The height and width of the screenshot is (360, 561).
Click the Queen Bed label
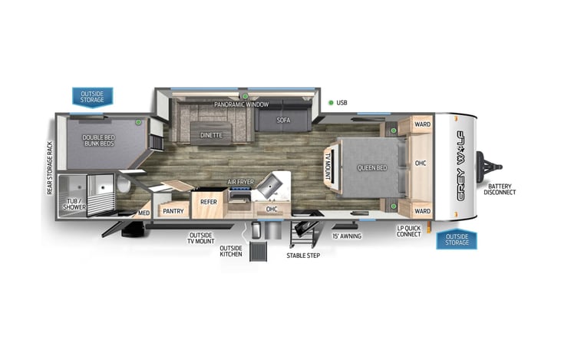pos(371,167)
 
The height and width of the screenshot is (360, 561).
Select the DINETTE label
pos(211,135)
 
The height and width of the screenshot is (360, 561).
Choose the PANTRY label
pos(173,210)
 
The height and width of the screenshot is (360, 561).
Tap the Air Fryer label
pos(240,183)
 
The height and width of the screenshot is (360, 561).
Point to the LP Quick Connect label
pos(409,230)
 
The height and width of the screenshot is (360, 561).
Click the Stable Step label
pos(304,255)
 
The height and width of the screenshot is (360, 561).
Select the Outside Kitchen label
pos(230,251)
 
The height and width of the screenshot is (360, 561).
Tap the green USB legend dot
pos(331,103)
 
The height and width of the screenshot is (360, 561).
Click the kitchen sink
pos(271,184)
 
